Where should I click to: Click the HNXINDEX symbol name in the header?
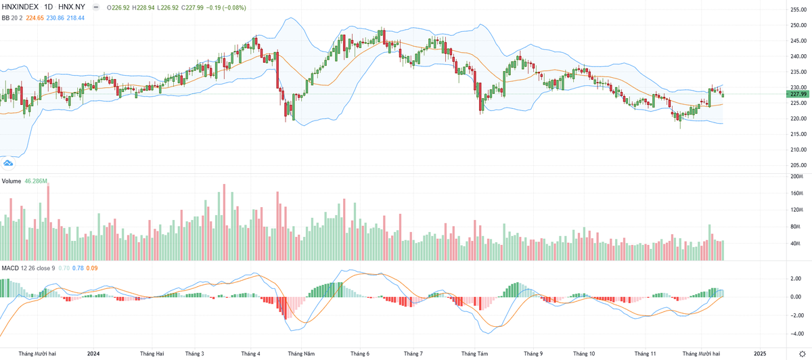[x=20, y=7]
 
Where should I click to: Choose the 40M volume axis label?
[x=796, y=244]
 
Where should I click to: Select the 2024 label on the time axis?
[x=93, y=353]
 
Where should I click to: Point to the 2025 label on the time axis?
[x=759, y=353]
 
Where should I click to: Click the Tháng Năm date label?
[x=301, y=353]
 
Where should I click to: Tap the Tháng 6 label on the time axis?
[x=359, y=353]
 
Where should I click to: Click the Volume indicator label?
[x=11, y=181]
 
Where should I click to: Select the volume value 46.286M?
[x=35, y=181]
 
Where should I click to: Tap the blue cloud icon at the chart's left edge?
[x=8, y=162]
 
